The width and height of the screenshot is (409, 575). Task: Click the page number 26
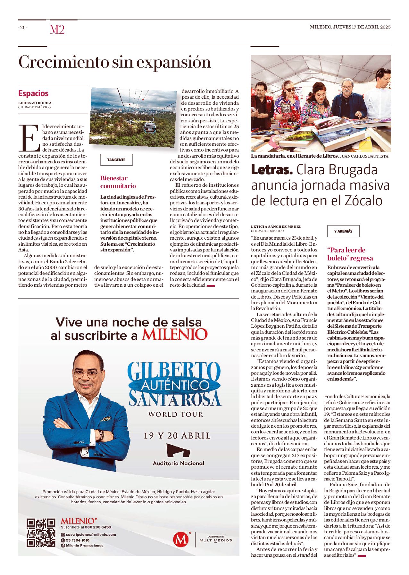(23, 28)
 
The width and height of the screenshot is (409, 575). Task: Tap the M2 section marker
(57, 29)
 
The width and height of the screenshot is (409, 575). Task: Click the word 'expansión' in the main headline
(174, 62)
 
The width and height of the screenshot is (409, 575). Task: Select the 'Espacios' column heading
(33, 93)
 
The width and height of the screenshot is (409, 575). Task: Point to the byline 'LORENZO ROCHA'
(35, 103)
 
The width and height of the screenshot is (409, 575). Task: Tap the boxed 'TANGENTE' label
(116, 160)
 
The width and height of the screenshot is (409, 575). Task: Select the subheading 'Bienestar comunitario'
(118, 182)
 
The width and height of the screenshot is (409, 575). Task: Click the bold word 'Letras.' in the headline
(272, 170)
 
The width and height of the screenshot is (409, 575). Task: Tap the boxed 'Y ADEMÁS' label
(343, 231)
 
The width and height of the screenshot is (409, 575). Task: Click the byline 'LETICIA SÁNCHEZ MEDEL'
(276, 226)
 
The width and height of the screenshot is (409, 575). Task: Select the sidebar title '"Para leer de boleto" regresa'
(350, 254)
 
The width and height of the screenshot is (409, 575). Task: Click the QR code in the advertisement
(41, 532)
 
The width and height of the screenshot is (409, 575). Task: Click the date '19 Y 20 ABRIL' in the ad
(177, 436)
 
